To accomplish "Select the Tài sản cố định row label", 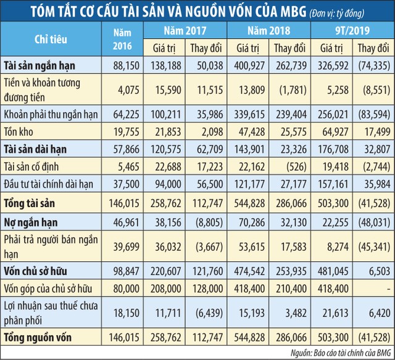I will [38, 166].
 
